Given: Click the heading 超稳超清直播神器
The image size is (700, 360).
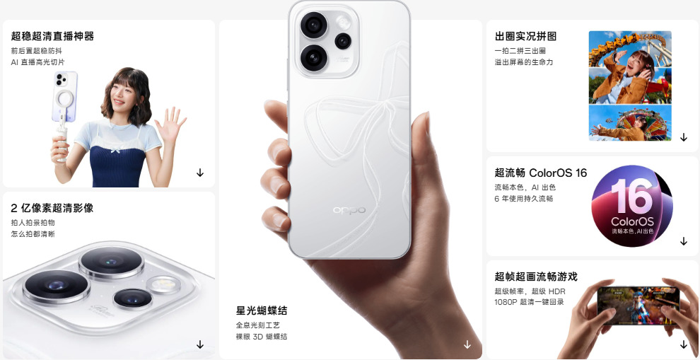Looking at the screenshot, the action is click(x=53, y=36).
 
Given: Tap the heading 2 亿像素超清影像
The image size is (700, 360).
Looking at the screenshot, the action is click(x=52, y=208).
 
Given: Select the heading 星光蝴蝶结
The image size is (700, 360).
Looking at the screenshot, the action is click(x=262, y=310).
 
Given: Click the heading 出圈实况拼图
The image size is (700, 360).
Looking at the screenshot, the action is click(x=525, y=36).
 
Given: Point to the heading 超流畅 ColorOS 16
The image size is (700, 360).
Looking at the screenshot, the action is click(x=541, y=173).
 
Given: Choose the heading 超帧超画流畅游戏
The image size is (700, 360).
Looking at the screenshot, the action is click(x=536, y=277).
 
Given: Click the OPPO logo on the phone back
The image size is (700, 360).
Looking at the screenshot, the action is click(x=349, y=210).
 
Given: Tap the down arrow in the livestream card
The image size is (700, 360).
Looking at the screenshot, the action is click(x=200, y=173).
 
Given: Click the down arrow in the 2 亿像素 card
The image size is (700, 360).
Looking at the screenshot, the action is click(x=200, y=344).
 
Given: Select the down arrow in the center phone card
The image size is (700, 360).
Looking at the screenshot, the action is click(x=467, y=344).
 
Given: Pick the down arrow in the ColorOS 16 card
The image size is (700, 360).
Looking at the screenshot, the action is click(x=684, y=241).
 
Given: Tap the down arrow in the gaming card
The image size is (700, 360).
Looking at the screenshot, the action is click(x=684, y=344).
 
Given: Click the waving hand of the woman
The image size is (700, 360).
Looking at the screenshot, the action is click(x=170, y=123).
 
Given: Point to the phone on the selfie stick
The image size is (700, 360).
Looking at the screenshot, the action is click(x=65, y=96).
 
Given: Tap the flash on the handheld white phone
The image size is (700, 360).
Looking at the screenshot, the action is click(x=344, y=22).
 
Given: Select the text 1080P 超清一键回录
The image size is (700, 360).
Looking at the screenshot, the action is click(x=529, y=302).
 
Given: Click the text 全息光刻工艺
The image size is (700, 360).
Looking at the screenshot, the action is click(x=257, y=325).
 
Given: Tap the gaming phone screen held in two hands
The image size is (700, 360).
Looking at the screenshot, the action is click(x=638, y=306).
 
